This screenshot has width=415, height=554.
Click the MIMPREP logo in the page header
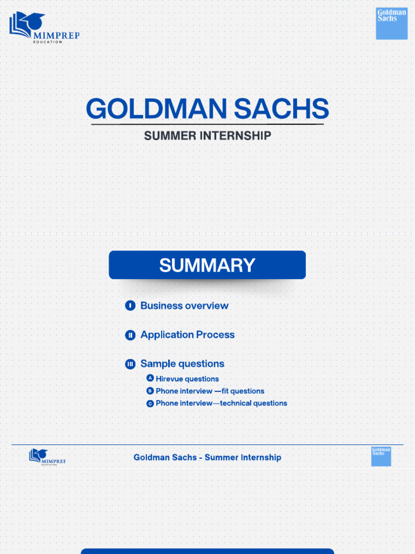click(44, 28)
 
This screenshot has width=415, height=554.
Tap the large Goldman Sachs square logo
click(392, 23)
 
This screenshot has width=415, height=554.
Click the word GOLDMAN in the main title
click(156, 108)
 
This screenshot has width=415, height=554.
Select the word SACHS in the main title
click(281, 108)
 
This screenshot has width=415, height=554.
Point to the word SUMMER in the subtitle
click(170, 136)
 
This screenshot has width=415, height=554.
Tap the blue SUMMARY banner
click(207, 265)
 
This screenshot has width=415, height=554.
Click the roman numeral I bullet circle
click(130, 306)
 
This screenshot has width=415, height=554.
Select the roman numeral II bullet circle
click(130, 335)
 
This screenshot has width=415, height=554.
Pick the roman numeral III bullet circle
click(130, 364)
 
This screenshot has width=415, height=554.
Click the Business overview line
click(185, 306)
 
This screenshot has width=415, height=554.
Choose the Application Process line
click(188, 334)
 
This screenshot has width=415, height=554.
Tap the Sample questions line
click(183, 364)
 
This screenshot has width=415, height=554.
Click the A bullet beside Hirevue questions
click(150, 378)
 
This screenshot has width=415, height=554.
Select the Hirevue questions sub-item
click(188, 379)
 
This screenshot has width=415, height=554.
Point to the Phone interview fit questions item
click(210, 391)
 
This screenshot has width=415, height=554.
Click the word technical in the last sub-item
click(236, 403)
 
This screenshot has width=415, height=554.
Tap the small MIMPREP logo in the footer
click(48, 457)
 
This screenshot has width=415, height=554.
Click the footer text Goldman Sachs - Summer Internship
click(207, 457)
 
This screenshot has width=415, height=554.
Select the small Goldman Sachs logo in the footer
click(381, 457)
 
